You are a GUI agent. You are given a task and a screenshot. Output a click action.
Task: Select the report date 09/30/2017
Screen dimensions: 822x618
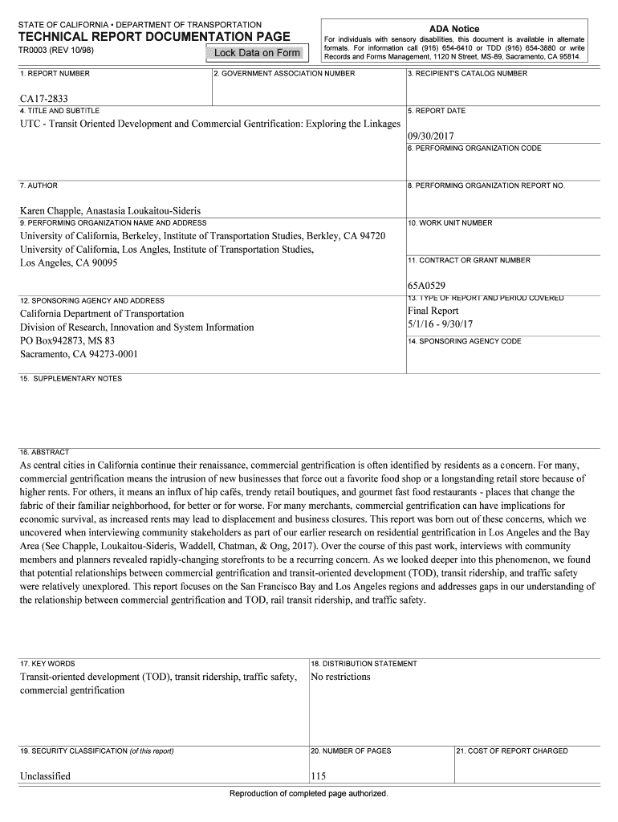pyautogui.click(x=431, y=136)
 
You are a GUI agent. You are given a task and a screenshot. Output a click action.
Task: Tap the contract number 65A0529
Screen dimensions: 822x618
pyautogui.click(x=426, y=285)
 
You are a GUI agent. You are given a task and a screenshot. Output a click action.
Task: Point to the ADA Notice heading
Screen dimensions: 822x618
pyautogui.click(x=454, y=29)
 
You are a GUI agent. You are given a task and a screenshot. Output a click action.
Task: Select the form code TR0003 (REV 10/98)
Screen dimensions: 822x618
pyautogui.click(x=55, y=51)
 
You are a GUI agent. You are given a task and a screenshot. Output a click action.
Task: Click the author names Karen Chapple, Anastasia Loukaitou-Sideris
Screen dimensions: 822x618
pyautogui.click(x=111, y=210)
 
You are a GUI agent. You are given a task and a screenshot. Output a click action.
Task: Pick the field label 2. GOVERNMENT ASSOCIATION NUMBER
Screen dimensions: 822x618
pyautogui.click(x=284, y=74)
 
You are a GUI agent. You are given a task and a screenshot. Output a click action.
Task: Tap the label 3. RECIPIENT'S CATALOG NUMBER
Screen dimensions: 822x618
pyautogui.click(x=467, y=74)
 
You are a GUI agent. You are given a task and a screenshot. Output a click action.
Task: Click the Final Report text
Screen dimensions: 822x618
pyautogui.click(x=433, y=311)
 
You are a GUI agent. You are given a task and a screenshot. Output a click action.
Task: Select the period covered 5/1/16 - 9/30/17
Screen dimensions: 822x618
pyautogui.click(x=441, y=324)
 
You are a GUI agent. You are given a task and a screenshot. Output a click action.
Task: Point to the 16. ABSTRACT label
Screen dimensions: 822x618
pyautogui.click(x=44, y=452)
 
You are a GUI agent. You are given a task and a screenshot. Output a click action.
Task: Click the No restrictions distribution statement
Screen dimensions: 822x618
pyautogui.click(x=340, y=677)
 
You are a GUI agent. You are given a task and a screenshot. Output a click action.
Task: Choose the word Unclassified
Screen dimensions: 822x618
pyautogui.click(x=45, y=776)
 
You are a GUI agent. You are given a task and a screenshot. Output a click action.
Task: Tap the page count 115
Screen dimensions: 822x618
pyautogui.click(x=319, y=776)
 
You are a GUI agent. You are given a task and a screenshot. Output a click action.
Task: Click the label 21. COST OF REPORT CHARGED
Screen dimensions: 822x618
pyautogui.click(x=511, y=751)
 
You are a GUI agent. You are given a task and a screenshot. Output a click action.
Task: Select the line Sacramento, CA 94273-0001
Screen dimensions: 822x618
pyautogui.click(x=79, y=354)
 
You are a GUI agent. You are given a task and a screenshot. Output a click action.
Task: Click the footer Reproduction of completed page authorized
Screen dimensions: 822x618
pyautogui.click(x=308, y=794)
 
